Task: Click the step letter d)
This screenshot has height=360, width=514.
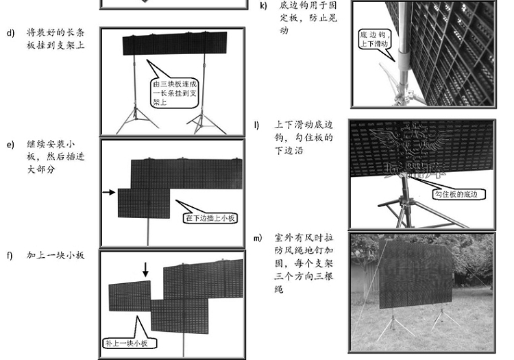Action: coord(10,32)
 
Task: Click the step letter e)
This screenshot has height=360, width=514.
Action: coord(10,145)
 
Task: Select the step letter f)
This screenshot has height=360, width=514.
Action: coord(10,255)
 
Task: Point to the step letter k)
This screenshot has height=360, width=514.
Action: coord(263,5)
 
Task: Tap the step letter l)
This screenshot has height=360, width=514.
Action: coord(257,125)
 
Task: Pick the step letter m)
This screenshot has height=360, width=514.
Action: coord(258,238)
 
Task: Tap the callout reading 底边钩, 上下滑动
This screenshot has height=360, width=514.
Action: coord(376,38)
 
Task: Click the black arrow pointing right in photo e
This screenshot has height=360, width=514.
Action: coord(108,193)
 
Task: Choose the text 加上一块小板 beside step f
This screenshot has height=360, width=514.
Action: coord(56,255)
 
